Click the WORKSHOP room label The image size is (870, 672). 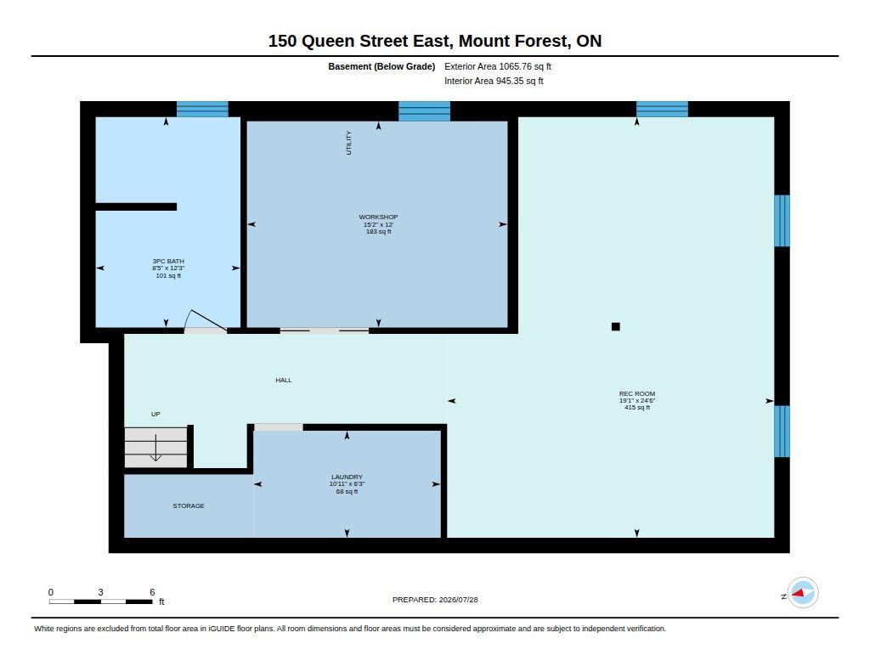coord(378,217)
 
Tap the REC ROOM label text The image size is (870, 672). coord(637,393)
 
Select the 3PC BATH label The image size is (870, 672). coord(168,261)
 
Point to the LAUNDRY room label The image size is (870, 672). coord(347,477)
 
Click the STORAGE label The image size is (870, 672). coord(189,505)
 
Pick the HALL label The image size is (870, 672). coord(284,380)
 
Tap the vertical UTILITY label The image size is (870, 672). coord(349,143)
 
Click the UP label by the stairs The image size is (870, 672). coord(156,414)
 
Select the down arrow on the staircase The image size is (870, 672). coord(156,448)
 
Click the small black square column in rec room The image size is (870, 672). coord(615,326)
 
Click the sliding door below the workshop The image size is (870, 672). coord(325,330)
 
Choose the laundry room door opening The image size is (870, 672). coord(279,427)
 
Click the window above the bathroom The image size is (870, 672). coord(202,109)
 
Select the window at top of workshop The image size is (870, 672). coord(425,111)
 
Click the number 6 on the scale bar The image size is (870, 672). coord(152,592)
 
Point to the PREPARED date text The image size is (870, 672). coord(435,600)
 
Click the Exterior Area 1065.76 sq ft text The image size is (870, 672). coord(498,66)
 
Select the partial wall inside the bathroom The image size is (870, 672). coord(137,207)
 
